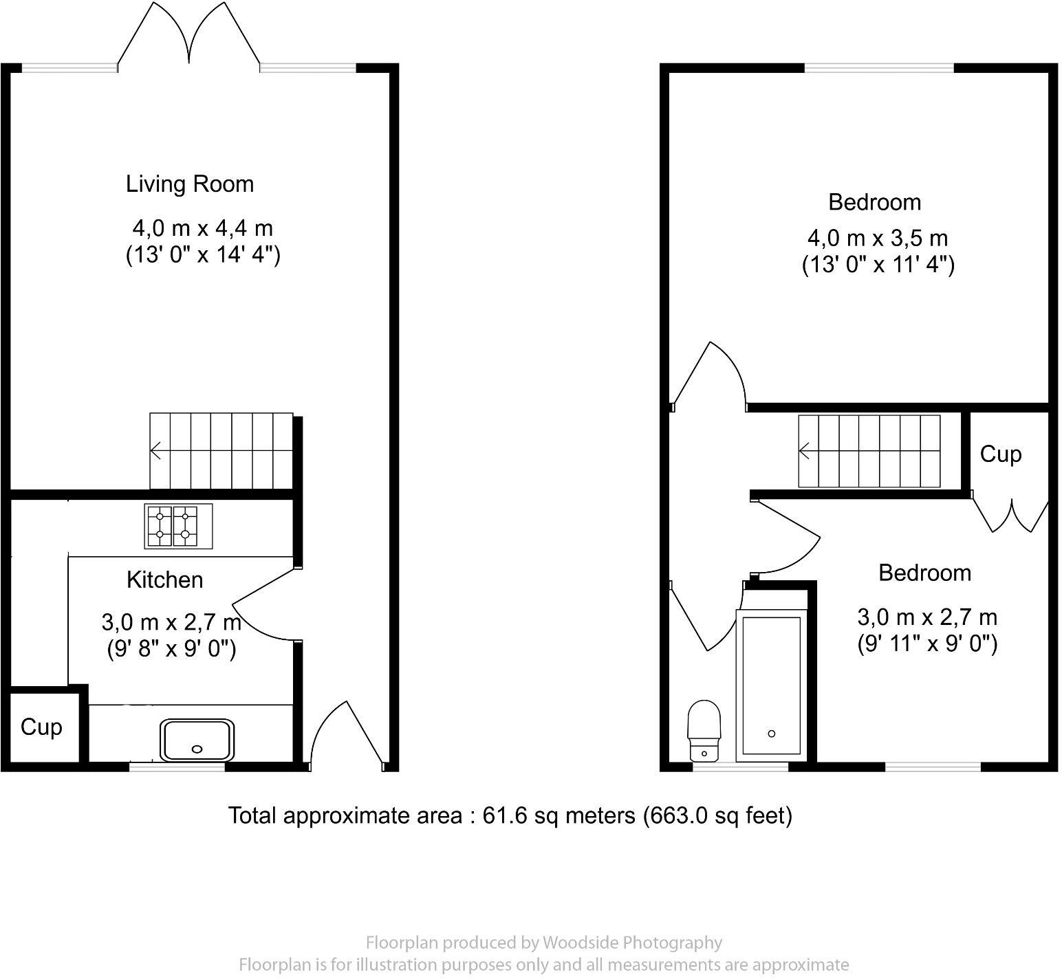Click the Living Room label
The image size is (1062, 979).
190,184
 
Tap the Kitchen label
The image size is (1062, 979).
165,580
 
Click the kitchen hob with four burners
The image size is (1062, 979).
178,526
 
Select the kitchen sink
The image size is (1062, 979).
198,740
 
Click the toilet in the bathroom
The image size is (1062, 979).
704,730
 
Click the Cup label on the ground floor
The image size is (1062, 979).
41,727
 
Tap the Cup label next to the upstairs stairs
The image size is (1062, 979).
1001,454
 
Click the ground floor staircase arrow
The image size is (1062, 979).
157,451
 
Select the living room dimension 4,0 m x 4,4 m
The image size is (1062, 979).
203,228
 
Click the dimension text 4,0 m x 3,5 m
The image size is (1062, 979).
878,239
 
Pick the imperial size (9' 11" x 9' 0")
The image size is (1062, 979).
927,644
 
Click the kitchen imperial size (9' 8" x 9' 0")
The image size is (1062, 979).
172,649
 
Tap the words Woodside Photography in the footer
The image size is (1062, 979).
632,943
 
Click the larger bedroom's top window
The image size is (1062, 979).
879,68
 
